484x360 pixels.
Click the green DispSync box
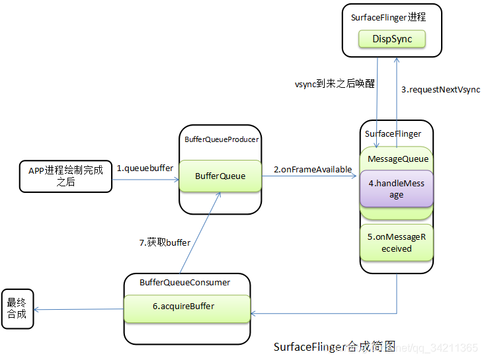click(x=391, y=39)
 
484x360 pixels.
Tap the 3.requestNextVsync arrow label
click(x=440, y=89)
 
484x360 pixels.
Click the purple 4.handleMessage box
click(x=396, y=189)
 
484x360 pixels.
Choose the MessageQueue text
click(x=397, y=159)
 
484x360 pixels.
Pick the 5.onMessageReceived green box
click(x=396, y=242)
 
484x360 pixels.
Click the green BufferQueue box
click(x=220, y=176)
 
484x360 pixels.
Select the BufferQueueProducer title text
click(x=222, y=139)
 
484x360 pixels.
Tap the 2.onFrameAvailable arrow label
click(x=312, y=169)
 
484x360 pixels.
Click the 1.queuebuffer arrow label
click(x=145, y=168)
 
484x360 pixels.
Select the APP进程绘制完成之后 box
click(x=65, y=176)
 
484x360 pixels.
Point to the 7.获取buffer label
click(x=165, y=242)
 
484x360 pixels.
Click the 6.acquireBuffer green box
click(x=187, y=306)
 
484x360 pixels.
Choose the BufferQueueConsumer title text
click(x=184, y=282)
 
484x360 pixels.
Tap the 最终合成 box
click(x=17, y=308)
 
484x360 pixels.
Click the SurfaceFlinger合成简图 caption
click(x=334, y=346)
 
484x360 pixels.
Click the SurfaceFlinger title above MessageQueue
click(x=393, y=133)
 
